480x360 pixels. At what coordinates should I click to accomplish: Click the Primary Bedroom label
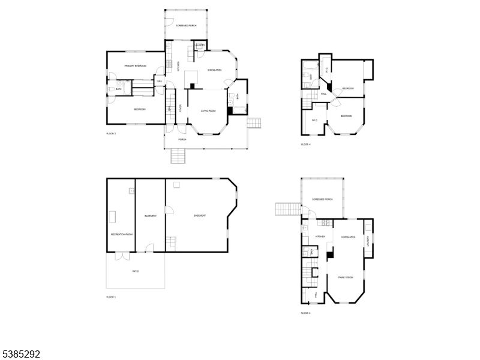[136, 65]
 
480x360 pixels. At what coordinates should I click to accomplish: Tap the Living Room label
[208, 110]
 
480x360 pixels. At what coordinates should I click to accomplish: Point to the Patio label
[136, 271]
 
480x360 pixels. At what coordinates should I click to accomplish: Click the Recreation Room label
[121, 234]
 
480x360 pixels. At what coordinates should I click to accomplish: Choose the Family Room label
[346, 277]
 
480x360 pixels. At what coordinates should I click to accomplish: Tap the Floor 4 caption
[306, 145]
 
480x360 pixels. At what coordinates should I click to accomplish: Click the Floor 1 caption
[111, 297]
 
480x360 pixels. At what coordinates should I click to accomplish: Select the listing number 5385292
[21, 355]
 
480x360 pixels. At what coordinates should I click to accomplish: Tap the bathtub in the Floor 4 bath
[310, 65]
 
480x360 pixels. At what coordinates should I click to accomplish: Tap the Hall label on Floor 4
[323, 94]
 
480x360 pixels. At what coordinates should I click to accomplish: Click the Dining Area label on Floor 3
[349, 237]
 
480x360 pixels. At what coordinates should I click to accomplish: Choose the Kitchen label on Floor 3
[320, 236]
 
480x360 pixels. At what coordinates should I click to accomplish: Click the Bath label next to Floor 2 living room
[238, 96]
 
